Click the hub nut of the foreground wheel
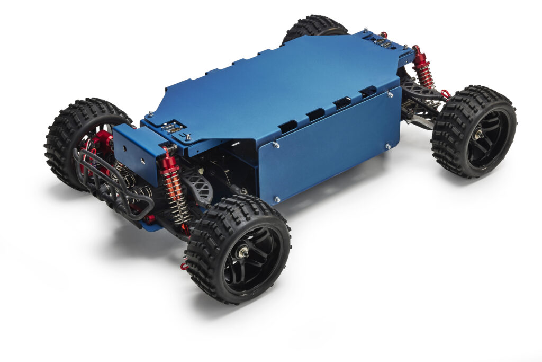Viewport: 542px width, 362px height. tap(243, 253)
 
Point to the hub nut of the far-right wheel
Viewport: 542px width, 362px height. tap(479, 135)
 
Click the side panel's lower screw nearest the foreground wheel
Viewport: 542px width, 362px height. tap(276, 199)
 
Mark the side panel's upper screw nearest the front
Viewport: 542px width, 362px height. tap(275, 144)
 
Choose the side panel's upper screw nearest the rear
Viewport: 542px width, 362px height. tap(390, 94)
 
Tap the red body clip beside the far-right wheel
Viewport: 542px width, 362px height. tap(446, 94)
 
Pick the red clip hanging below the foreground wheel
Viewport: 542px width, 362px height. tap(184, 264)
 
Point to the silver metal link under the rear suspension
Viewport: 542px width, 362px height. tap(418, 122)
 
